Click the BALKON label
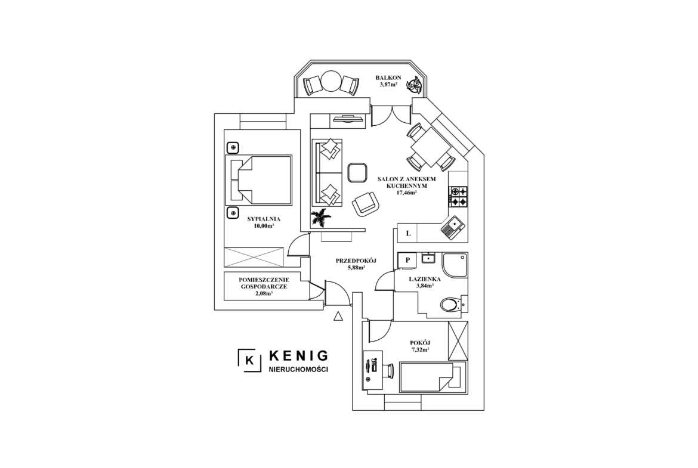[388, 78]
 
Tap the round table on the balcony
[331, 82]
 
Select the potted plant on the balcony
[414, 85]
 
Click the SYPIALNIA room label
[264, 219]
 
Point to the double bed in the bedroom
[259, 180]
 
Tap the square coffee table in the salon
[357, 173]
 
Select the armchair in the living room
[366, 204]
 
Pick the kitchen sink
[453, 227]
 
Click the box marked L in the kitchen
[407, 233]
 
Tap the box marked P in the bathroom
[407, 261]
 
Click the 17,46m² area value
[406, 193]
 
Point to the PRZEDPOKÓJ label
[356, 261]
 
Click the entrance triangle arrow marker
[338, 316]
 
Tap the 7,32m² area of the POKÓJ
[420, 350]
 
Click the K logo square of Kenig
[250, 360]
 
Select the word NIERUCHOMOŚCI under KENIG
[298, 370]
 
